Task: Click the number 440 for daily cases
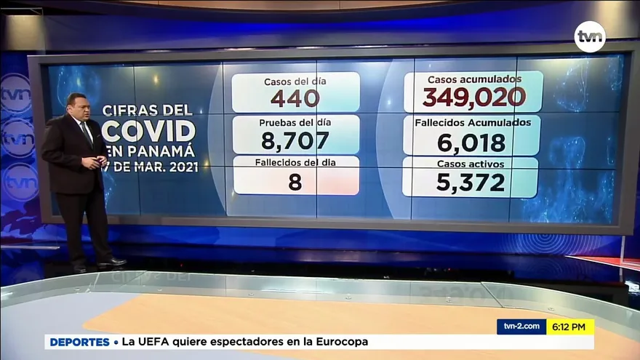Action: click(295, 98)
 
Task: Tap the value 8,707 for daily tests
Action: click(295, 140)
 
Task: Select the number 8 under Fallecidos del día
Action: click(295, 182)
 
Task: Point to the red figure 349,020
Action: click(473, 97)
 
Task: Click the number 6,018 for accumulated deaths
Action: click(471, 142)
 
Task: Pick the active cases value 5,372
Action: click(471, 183)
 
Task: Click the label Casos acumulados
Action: click(473, 79)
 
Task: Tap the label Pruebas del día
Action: click(295, 123)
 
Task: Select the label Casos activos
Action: click(471, 164)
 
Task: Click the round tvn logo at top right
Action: click(589, 36)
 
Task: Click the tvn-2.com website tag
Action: click(521, 327)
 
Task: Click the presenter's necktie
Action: click(87, 135)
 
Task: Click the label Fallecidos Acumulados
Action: click(472, 122)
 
